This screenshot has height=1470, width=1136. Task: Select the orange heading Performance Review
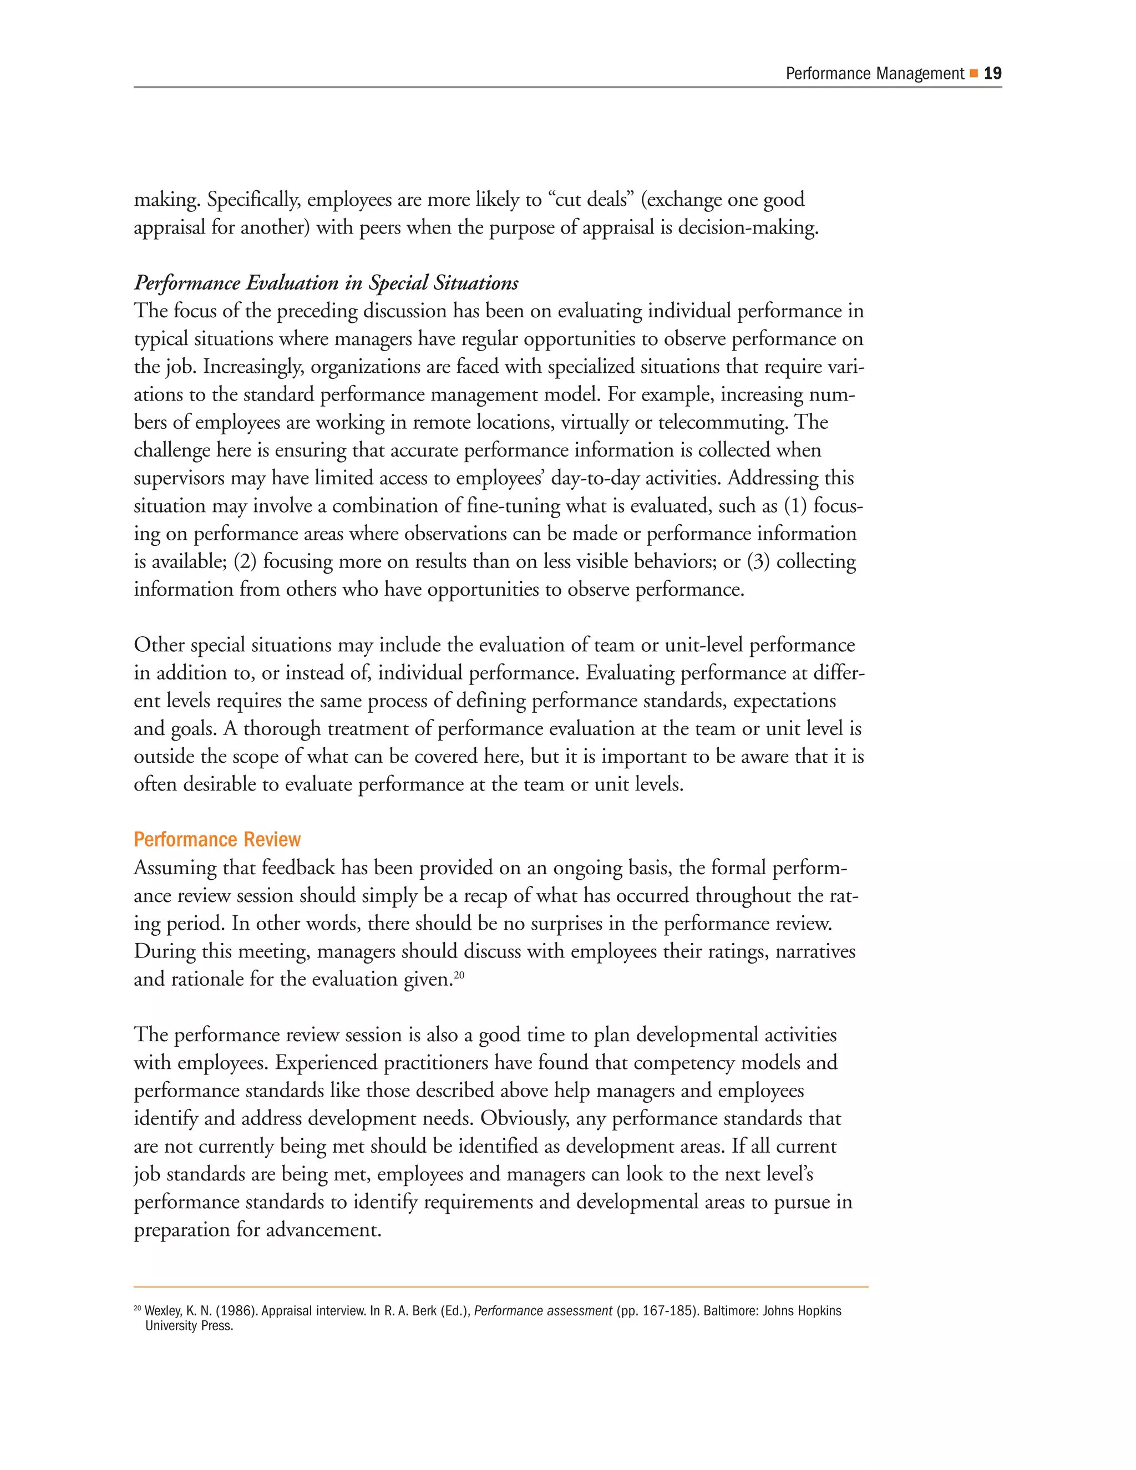pos(217,839)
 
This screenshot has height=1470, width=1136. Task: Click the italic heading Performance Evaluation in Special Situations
pos(326,283)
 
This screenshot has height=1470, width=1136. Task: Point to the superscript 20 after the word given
pos(459,975)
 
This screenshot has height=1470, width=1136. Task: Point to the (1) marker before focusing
pos(795,506)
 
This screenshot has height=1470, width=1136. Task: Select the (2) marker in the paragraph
pos(245,562)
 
